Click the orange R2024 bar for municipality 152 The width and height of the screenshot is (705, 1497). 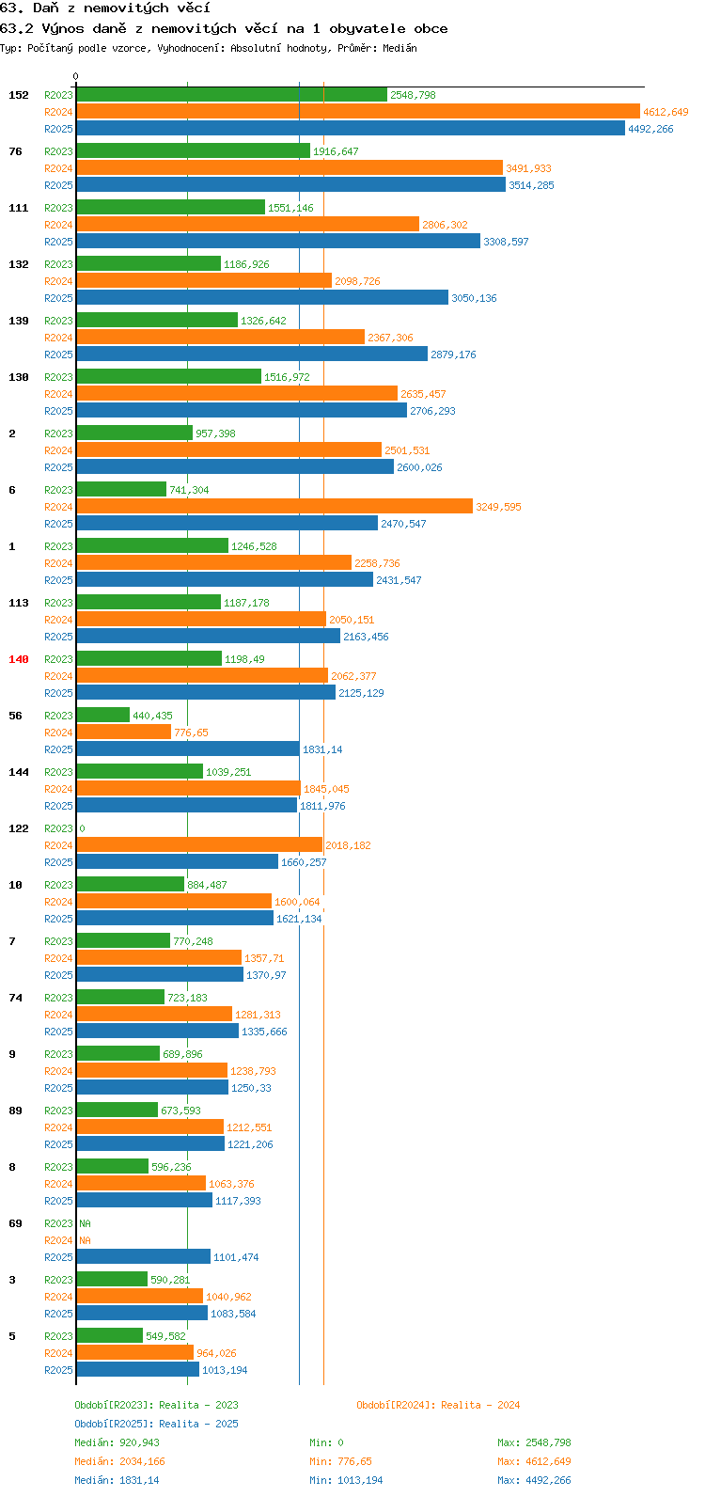(x=358, y=112)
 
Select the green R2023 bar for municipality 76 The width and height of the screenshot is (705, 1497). (x=193, y=151)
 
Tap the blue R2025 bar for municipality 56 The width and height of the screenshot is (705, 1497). (x=188, y=749)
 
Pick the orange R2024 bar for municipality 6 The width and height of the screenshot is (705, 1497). (x=274, y=507)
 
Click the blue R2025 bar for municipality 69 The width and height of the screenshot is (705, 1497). (x=144, y=1256)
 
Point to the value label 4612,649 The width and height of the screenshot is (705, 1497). (x=666, y=112)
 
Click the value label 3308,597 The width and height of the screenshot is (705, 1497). (x=506, y=242)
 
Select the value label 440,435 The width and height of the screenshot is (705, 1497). (x=152, y=716)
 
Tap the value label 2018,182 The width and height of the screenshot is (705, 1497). (x=348, y=845)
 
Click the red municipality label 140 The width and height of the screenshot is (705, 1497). (x=19, y=659)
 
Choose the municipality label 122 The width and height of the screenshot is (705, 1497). (x=19, y=828)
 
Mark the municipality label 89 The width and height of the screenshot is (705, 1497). (x=15, y=1111)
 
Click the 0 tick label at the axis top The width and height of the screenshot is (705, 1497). (x=75, y=76)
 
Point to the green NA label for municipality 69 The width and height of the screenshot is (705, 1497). (x=85, y=1223)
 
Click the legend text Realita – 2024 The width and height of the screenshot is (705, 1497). (x=480, y=1405)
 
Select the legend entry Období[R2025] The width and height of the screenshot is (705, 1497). (x=115, y=1424)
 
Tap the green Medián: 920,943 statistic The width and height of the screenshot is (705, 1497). (x=117, y=1442)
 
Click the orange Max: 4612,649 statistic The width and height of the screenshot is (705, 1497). (x=534, y=1461)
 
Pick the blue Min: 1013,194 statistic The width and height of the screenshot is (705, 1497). (x=346, y=1480)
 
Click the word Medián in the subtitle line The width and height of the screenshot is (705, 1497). (x=399, y=48)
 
